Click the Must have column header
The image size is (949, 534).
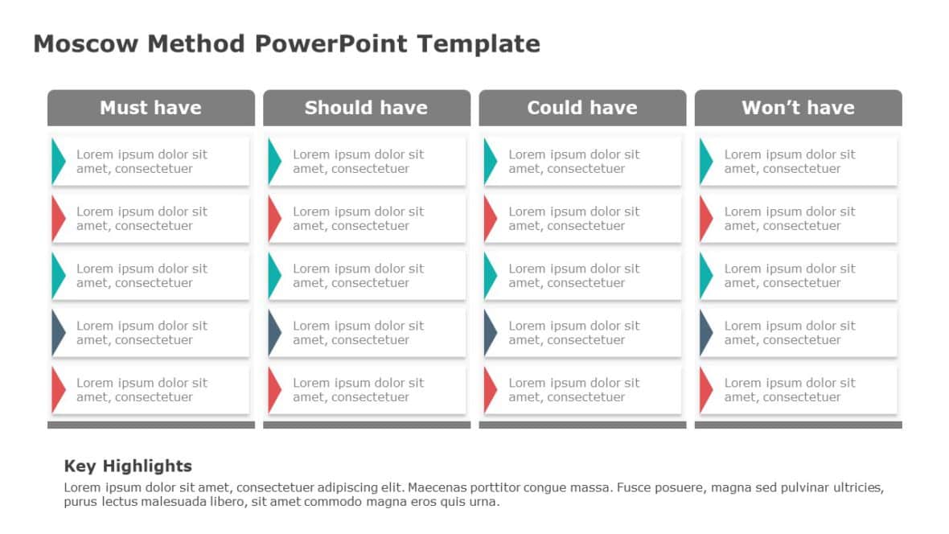pyautogui.click(x=150, y=108)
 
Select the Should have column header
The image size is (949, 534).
pyautogui.click(x=366, y=108)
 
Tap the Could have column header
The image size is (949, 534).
pyautogui.click(x=582, y=108)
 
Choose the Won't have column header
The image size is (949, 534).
pyautogui.click(x=798, y=108)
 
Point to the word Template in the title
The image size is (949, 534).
pyautogui.click(x=478, y=43)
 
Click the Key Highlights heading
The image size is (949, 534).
pyautogui.click(x=128, y=466)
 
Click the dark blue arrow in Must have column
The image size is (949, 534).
pyautogui.click(x=58, y=332)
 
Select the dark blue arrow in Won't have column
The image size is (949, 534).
pyautogui.click(x=705, y=332)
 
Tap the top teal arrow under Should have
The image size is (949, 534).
pyautogui.click(x=273, y=161)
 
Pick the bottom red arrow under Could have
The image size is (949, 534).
pyautogui.click(x=490, y=389)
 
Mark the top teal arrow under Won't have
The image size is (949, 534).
pyautogui.click(x=705, y=161)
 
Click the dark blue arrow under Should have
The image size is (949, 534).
pyautogui.click(x=273, y=332)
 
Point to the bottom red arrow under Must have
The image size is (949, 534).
pyautogui.click(x=58, y=389)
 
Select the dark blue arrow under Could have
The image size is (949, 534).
pyautogui.click(x=490, y=332)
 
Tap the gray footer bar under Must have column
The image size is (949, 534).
pyautogui.click(x=150, y=425)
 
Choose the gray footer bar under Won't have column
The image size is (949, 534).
pyautogui.click(x=798, y=425)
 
